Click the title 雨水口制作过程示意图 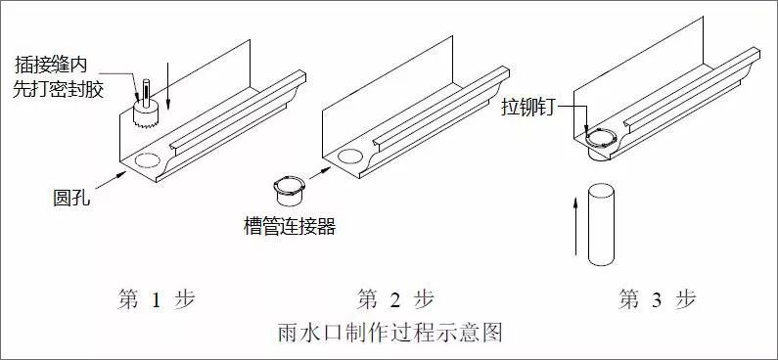[x=390, y=333]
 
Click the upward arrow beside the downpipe [x=576, y=231]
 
